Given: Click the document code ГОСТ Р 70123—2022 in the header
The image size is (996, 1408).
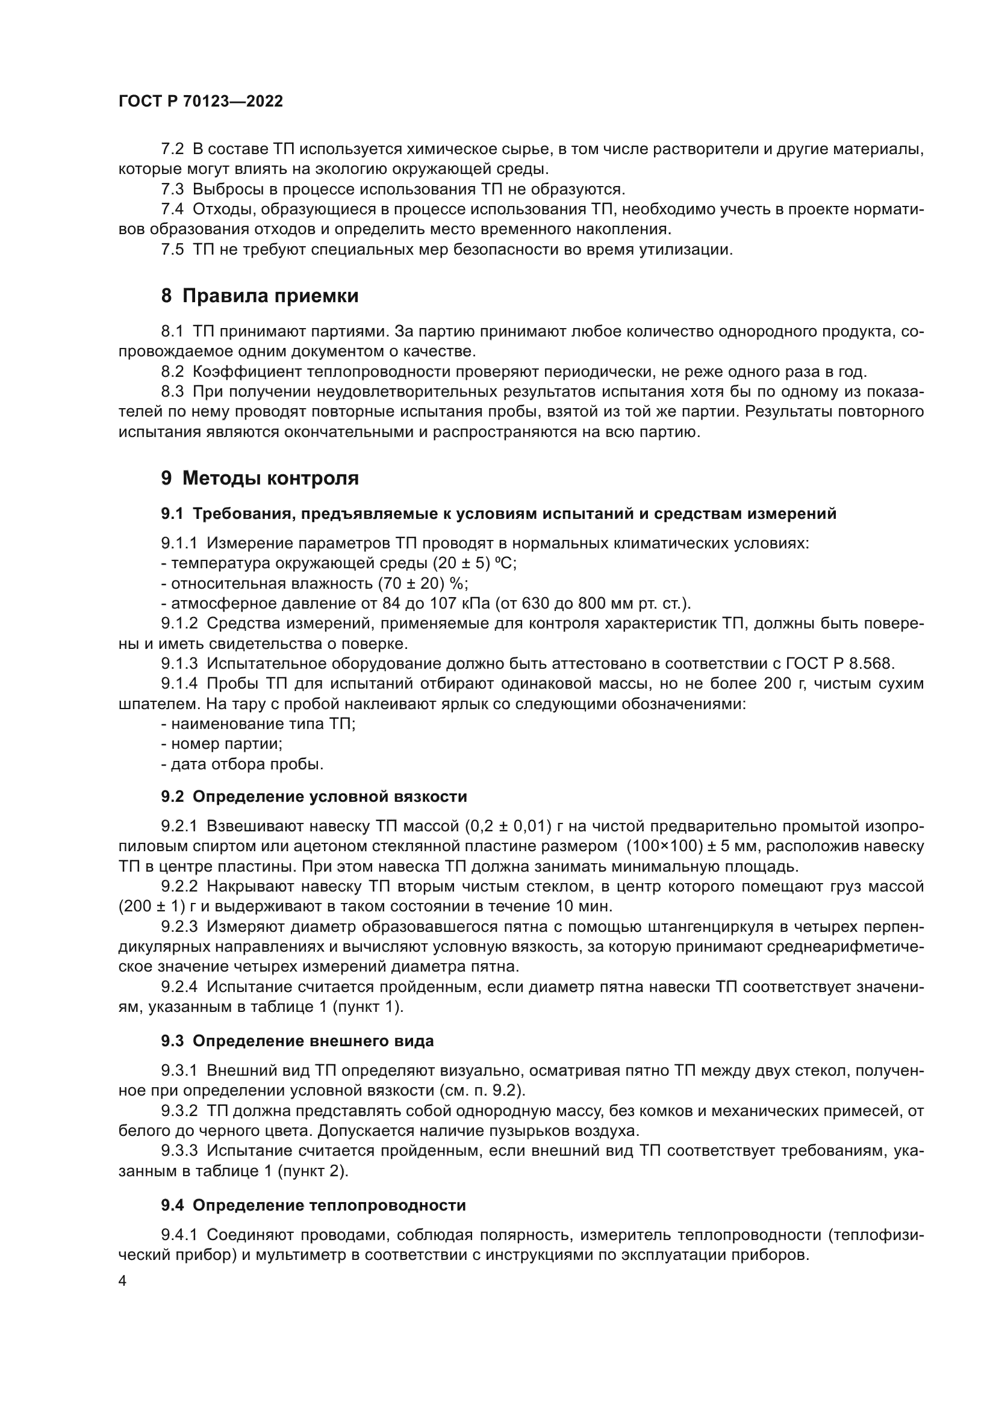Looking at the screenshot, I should (201, 102).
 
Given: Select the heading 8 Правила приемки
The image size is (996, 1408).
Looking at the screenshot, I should (260, 296).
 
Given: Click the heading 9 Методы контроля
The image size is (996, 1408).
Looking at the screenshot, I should (260, 478).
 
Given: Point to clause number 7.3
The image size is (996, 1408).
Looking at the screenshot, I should (172, 189).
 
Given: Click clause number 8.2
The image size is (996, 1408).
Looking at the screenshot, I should (172, 371).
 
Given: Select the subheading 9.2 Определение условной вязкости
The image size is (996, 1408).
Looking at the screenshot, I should (313, 796).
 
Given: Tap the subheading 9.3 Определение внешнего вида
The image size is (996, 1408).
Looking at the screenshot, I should (297, 1041).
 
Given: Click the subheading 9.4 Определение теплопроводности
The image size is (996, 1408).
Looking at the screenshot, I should (313, 1205).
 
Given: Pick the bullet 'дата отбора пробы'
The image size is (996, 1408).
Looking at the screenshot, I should (242, 764).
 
